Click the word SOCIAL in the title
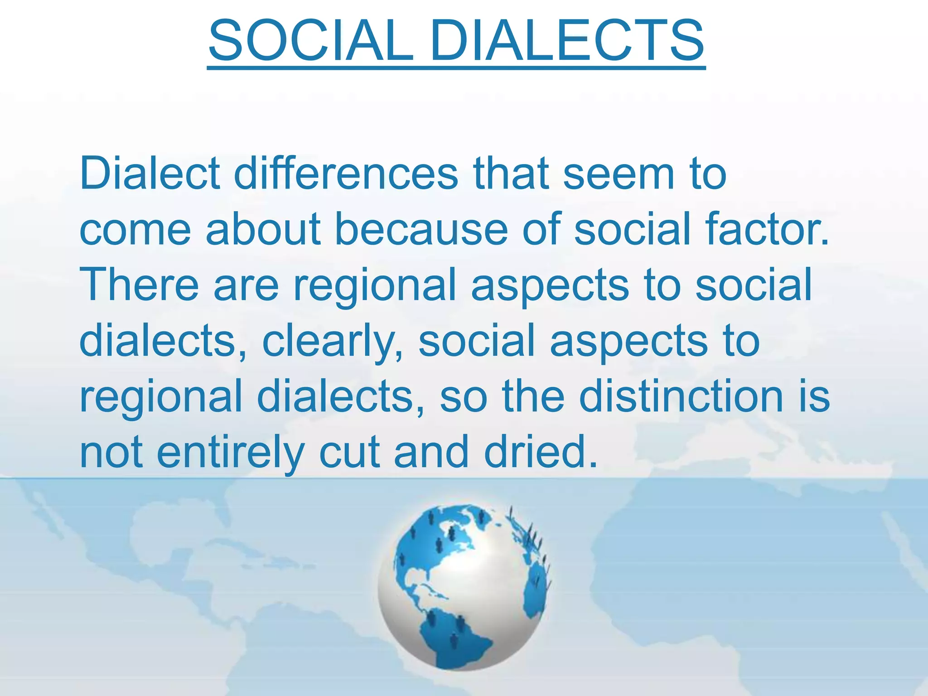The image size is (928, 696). pos(311,41)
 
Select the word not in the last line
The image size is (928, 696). pos(111,452)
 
